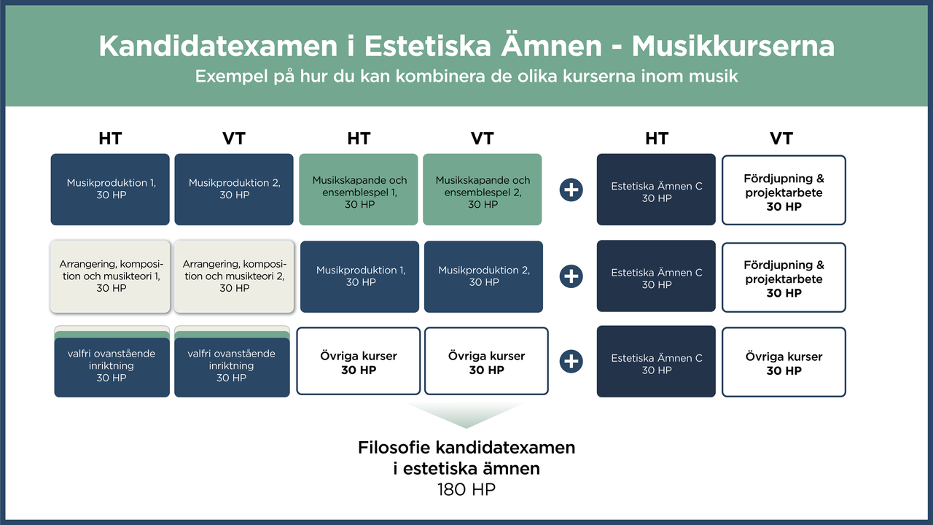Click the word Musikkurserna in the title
(x=733, y=47)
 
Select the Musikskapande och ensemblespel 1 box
(x=359, y=190)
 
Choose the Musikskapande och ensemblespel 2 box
(x=483, y=190)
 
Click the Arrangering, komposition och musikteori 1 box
(x=110, y=276)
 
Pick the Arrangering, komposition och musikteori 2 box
(x=234, y=276)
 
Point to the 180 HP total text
(x=466, y=489)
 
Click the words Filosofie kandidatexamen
(x=466, y=447)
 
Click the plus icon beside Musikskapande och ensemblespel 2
(x=571, y=190)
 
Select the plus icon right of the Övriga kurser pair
(x=571, y=362)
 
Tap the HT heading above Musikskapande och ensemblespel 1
(x=359, y=139)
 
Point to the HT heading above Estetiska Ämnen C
(x=656, y=139)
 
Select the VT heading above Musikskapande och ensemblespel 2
(x=483, y=139)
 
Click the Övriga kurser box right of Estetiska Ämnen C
(x=784, y=362)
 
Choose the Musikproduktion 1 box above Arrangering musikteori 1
(x=110, y=189)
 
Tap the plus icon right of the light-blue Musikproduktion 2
(x=571, y=276)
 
